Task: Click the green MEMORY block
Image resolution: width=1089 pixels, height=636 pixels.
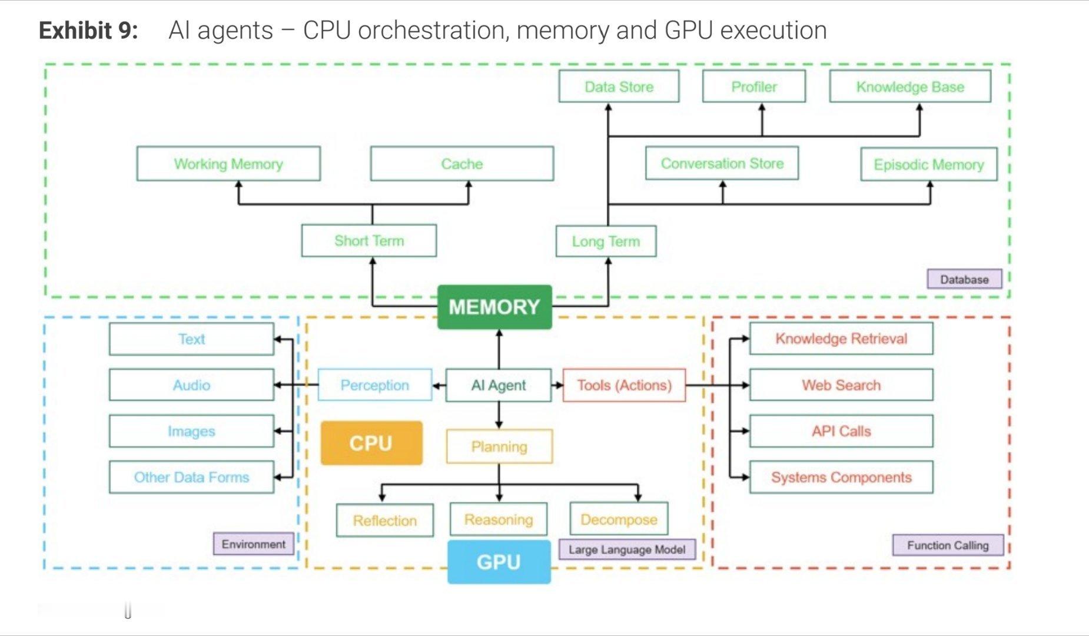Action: click(x=494, y=307)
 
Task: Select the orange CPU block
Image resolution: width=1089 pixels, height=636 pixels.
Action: click(x=371, y=443)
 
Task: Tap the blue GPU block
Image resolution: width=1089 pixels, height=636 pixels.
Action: click(x=499, y=562)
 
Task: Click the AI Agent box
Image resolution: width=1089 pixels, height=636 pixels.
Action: click(x=498, y=385)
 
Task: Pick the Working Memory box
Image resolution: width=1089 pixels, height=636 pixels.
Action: click(x=228, y=164)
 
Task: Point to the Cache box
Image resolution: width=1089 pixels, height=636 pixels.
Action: click(x=462, y=164)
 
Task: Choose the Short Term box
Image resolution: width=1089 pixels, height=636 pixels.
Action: click(x=369, y=241)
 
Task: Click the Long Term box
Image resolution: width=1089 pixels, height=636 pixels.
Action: click(x=606, y=241)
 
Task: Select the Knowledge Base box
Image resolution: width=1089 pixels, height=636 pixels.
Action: click(x=910, y=87)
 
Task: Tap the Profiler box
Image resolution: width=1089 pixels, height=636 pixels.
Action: click(x=754, y=87)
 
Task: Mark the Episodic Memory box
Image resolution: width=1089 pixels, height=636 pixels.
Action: click(x=928, y=164)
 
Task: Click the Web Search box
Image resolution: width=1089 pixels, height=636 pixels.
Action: click(x=841, y=385)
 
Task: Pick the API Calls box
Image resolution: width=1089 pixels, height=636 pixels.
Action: click(x=841, y=431)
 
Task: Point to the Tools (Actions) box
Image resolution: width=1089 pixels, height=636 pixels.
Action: click(x=624, y=385)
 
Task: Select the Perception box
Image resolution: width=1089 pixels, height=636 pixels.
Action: click(x=374, y=385)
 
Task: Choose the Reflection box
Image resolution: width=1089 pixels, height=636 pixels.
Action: click(x=385, y=521)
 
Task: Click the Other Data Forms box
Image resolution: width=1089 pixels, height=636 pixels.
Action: click(x=191, y=477)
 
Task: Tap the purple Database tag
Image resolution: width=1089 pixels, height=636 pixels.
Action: click(x=964, y=279)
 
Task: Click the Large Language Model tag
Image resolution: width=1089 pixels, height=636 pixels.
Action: click(x=627, y=549)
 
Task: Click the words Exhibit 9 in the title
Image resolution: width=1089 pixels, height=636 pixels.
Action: click(x=88, y=31)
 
